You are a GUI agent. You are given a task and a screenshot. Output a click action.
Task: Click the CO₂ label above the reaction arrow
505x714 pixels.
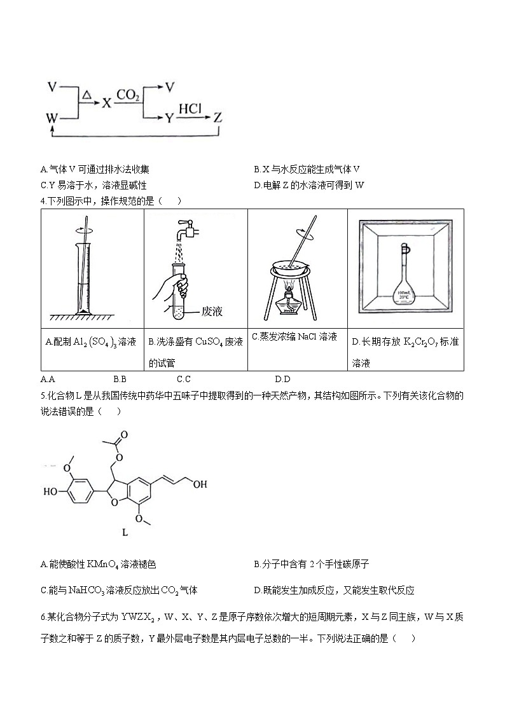(128, 95)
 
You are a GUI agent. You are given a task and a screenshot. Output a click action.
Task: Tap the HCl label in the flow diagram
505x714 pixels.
(190, 109)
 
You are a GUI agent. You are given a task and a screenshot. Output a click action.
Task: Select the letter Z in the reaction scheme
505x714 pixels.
(218, 118)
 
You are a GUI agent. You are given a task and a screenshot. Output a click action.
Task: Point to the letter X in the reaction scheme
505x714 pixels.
(106, 102)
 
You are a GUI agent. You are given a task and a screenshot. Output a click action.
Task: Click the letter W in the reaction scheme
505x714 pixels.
(53, 118)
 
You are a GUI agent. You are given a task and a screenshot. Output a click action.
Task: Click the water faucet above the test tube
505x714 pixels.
(186, 227)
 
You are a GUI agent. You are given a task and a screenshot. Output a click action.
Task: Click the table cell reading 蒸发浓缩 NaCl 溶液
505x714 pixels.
(294, 337)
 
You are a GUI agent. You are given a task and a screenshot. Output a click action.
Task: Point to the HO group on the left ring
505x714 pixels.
(51, 491)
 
